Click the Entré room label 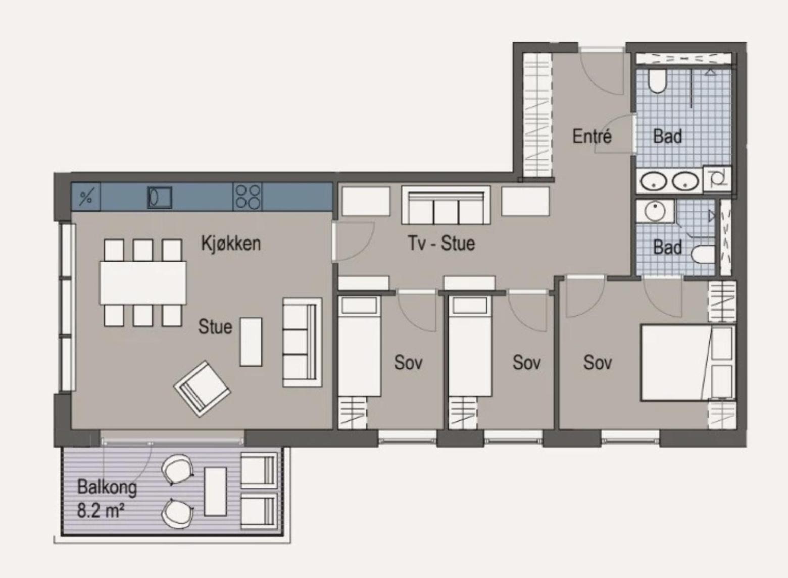[x=592, y=136]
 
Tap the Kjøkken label [x=231, y=244]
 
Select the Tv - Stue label [x=441, y=243]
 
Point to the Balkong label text [x=107, y=488]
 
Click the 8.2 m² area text [x=101, y=511]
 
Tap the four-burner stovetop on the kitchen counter [x=248, y=197]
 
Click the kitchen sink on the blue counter [x=160, y=197]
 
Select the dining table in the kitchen [x=143, y=282]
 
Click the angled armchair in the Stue [x=202, y=389]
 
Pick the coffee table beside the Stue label [x=251, y=342]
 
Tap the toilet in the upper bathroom [x=657, y=81]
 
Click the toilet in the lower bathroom [x=703, y=254]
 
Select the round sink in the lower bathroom [x=654, y=211]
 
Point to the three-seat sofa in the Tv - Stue [x=446, y=205]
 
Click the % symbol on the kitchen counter [x=86, y=198]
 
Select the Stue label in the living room [x=215, y=327]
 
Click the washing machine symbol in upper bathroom [x=717, y=179]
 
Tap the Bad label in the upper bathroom [x=667, y=136]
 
